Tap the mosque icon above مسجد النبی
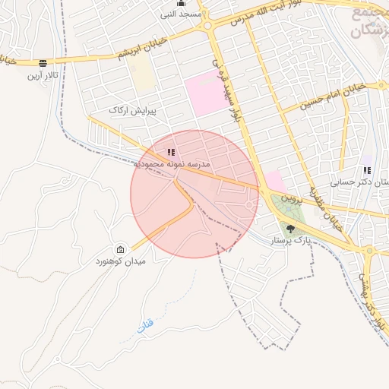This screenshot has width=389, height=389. coord(180,4)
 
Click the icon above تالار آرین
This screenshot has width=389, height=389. coord(43,62)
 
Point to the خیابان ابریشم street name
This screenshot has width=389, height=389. coord(142,54)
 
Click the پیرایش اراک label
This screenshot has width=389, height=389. coord(132,111)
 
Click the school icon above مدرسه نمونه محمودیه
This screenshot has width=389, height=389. coord(171,152)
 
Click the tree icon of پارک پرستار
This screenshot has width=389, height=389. coord(290,228)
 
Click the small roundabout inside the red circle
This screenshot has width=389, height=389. coord(249,206)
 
